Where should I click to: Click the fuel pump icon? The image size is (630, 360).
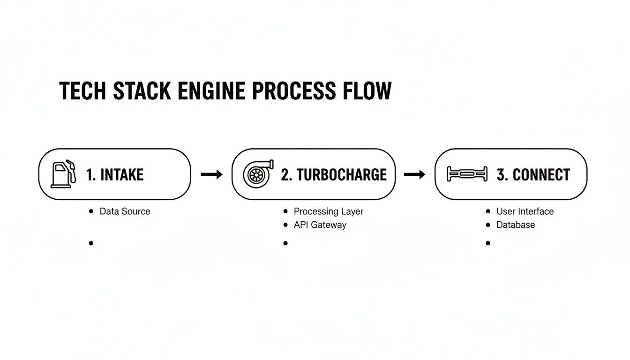63,174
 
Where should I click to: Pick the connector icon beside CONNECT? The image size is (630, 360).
466,174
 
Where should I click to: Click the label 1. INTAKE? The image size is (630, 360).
115,175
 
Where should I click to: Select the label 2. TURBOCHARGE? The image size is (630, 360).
334,175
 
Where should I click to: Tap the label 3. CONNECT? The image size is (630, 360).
533,175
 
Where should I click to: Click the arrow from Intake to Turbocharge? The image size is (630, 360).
211,175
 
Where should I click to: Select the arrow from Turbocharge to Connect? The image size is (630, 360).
414,175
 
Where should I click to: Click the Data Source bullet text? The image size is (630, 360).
125,211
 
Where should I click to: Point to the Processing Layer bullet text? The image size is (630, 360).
328,211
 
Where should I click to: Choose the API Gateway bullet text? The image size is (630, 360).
320,225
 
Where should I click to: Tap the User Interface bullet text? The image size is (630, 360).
525,211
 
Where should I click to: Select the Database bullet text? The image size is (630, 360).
516,225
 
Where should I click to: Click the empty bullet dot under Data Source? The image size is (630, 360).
91,243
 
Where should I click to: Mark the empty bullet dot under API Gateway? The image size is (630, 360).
285,243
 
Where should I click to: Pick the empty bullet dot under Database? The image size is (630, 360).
488,243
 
